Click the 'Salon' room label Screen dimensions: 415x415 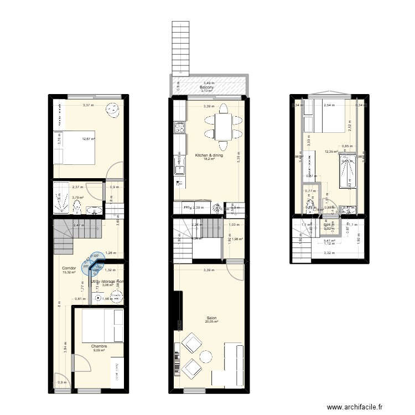(211, 318)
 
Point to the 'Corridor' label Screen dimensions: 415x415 (70, 268)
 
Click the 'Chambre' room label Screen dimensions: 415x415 (100, 346)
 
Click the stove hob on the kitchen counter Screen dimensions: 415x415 (180, 128)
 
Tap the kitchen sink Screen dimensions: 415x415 (179, 165)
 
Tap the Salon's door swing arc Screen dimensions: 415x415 (233, 272)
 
